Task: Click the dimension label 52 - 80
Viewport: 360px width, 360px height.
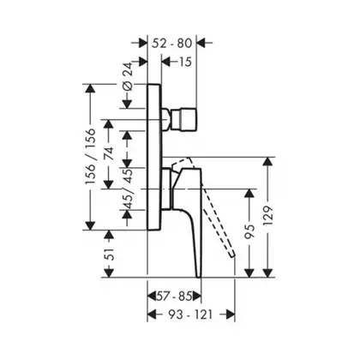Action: [x=171, y=43]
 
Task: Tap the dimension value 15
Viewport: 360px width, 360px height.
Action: [x=185, y=62]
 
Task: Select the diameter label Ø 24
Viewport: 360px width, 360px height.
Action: [x=129, y=76]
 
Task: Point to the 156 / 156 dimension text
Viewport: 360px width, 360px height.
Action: [x=91, y=156]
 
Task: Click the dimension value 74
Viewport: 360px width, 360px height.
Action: [x=109, y=153]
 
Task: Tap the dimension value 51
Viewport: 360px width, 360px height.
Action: [x=109, y=254]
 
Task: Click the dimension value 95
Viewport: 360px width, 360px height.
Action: [x=249, y=231]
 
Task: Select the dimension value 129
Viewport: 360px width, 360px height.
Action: [x=268, y=216]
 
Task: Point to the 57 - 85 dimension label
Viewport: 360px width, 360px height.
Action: [x=174, y=297]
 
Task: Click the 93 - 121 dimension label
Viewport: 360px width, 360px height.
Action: [x=190, y=315]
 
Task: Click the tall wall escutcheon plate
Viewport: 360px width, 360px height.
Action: [x=154, y=157]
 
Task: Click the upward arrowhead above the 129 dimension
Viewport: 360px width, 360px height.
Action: [x=267, y=162]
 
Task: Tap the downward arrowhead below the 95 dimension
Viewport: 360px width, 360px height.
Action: [x=249, y=273]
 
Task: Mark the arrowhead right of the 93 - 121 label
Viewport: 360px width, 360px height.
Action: [x=230, y=315]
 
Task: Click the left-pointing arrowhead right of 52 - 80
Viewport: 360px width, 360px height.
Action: [x=201, y=43]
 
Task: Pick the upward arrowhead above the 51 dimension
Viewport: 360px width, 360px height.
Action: [x=109, y=235]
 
